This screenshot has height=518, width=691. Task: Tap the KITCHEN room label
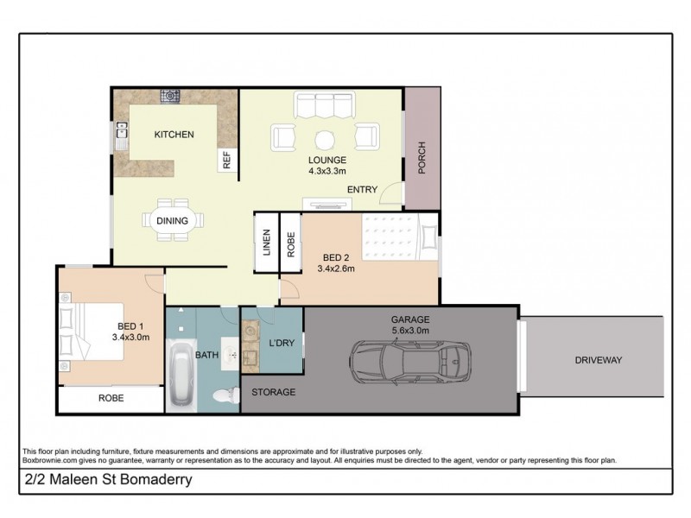[174, 135]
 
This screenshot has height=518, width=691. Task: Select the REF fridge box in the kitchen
[227, 160]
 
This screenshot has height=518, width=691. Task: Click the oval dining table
[173, 220]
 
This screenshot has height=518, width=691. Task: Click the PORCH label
[422, 160]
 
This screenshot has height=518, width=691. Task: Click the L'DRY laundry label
[282, 344]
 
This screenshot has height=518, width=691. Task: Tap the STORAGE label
[273, 392]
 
